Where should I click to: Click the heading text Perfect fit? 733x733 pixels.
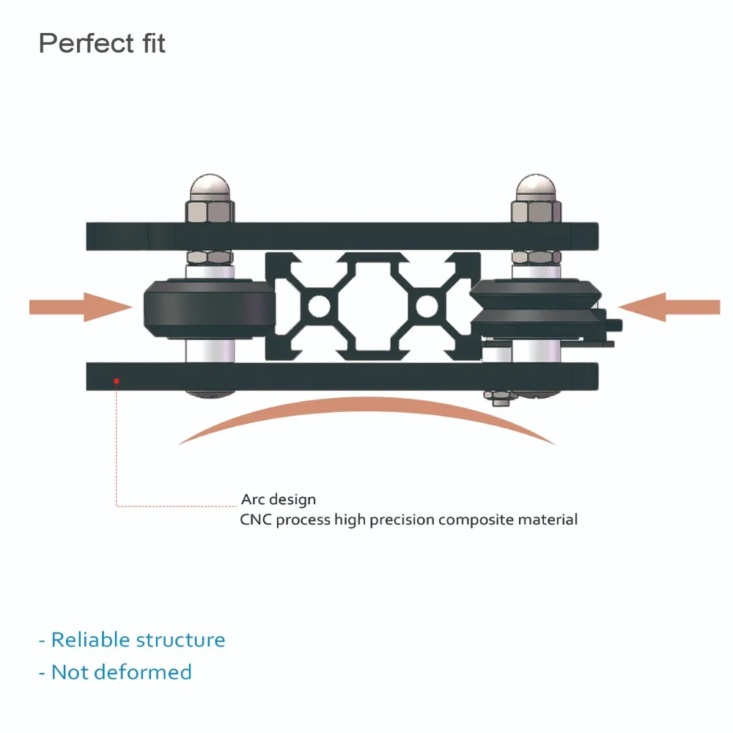click(102, 43)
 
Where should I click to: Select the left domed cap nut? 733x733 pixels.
click(209, 190)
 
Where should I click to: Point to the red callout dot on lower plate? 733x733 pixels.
click(115, 380)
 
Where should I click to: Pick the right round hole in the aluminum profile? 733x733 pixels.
click(427, 306)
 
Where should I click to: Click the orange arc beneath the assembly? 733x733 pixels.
click(366, 413)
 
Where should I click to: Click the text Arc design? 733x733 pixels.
click(279, 500)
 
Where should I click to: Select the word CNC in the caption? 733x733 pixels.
click(257, 520)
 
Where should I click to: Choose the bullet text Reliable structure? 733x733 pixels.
click(138, 640)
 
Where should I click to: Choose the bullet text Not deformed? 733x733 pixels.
click(121, 672)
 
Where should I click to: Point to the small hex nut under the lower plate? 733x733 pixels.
click(499, 397)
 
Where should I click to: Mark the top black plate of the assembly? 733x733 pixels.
click(345, 235)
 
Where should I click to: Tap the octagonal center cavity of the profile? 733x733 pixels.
click(372, 306)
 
